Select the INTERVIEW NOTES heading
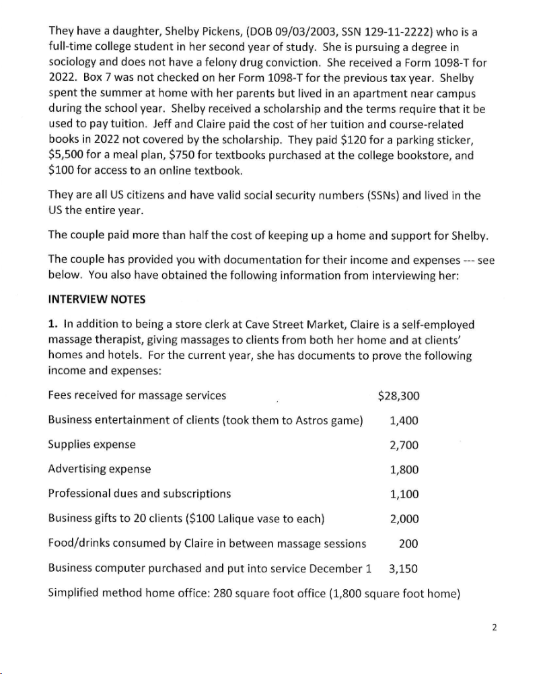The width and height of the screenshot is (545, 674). click(x=96, y=299)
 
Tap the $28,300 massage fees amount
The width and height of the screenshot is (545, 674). click(x=398, y=396)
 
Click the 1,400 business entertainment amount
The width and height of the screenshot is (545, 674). click(x=404, y=421)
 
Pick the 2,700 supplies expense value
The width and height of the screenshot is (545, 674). click(x=404, y=445)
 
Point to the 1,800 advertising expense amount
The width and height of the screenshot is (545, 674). click(x=404, y=470)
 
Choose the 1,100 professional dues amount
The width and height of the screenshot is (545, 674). click(x=404, y=494)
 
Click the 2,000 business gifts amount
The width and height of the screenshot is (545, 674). click(x=404, y=519)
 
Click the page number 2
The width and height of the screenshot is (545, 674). click(x=494, y=628)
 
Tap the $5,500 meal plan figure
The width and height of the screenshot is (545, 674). click(x=67, y=155)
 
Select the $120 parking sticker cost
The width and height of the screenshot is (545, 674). click(x=357, y=140)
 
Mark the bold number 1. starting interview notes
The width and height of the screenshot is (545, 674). click(x=53, y=325)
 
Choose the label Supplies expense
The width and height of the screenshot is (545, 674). click(x=92, y=445)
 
